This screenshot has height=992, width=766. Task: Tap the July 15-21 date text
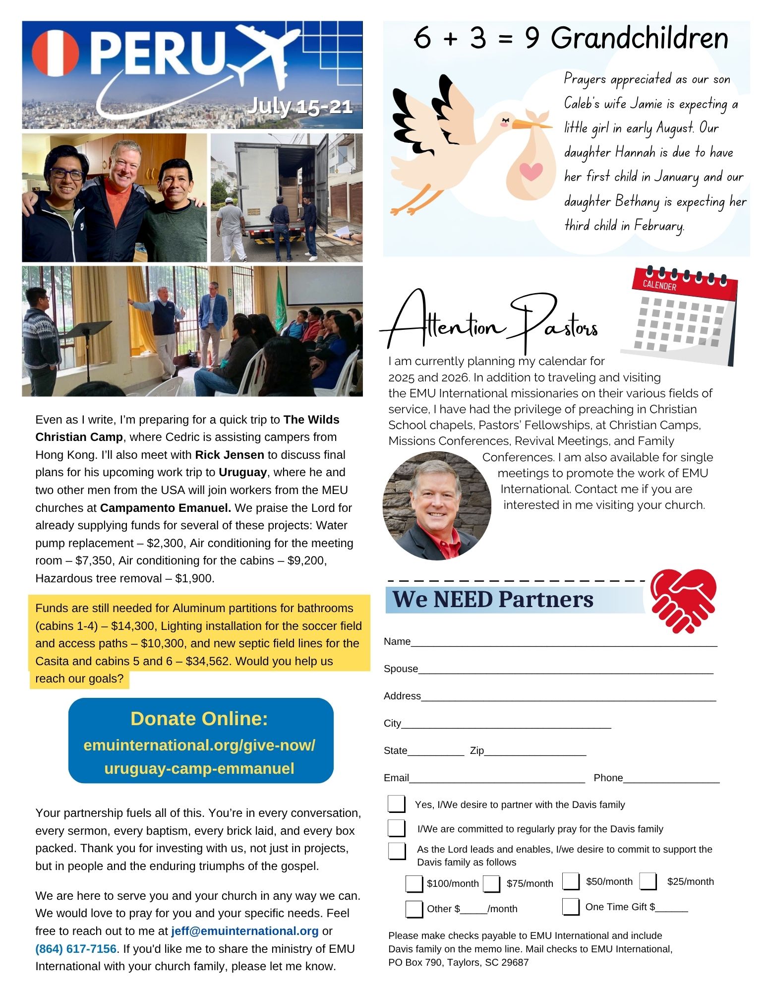point(299,106)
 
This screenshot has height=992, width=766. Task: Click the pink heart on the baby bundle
point(531,172)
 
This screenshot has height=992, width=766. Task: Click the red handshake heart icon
point(684,601)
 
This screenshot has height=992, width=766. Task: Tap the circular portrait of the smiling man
point(437,506)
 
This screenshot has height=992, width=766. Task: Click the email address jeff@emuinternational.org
point(245,931)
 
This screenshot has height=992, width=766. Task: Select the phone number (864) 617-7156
point(76,949)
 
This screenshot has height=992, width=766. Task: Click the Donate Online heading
point(199,719)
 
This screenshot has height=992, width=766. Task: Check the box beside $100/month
point(414,883)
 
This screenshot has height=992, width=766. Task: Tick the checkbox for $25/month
point(648,881)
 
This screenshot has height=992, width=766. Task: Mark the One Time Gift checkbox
point(571,907)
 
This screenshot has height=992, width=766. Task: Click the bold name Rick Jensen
point(229,455)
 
